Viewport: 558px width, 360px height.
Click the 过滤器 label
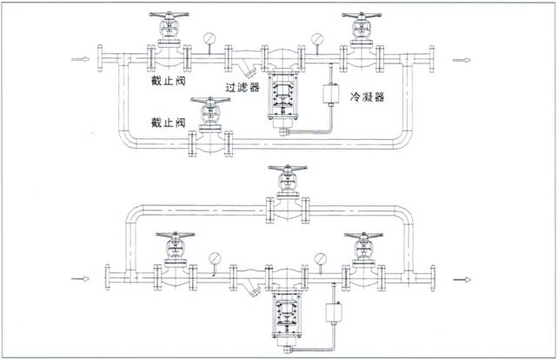(242, 87)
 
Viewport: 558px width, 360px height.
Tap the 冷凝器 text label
(368, 97)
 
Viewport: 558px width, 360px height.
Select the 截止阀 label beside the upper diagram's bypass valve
(169, 123)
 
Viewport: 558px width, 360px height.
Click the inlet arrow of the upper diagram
(80, 59)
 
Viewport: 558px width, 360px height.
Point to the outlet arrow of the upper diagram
(462, 60)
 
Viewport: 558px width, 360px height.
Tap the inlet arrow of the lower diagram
(80, 278)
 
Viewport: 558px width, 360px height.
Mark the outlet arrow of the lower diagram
(462, 279)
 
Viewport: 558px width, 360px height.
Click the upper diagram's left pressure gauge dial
(209, 38)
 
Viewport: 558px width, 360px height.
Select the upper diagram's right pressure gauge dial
(316, 39)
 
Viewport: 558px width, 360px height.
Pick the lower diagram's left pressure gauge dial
(215, 258)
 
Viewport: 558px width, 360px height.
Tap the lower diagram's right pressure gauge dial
(321, 259)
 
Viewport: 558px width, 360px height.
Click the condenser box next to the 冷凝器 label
(330, 93)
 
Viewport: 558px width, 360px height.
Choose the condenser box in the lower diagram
(334, 312)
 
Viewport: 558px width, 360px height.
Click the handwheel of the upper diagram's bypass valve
(210, 100)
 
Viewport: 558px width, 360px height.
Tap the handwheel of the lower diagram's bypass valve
(288, 168)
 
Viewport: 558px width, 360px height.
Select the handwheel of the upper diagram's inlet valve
(169, 15)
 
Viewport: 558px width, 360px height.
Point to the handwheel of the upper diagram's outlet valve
(362, 16)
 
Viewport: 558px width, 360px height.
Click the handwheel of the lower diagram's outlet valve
(363, 236)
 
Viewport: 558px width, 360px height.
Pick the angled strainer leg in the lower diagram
(255, 289)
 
